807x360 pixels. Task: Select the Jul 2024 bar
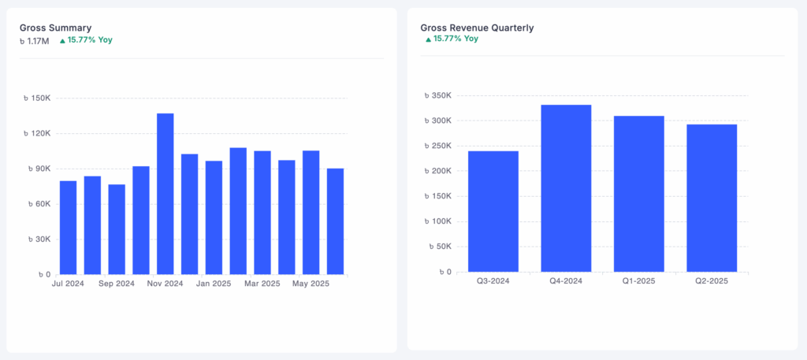click(69, 228)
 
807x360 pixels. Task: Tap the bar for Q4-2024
click(566, 188)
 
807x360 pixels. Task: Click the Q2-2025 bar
click(712, 198)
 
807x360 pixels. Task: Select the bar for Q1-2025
click(639, 194)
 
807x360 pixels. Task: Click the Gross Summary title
click(55, 28)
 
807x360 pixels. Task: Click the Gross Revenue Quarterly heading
click(477, 28)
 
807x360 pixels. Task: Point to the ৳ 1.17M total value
click(35, 39)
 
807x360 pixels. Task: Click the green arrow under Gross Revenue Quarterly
click(428, 39)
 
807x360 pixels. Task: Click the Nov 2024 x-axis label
click(165, 284)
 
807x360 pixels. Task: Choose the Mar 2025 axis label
click(262, 284)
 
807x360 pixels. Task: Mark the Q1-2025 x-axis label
click(639, 280)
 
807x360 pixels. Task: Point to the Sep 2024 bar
click(117, 229)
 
